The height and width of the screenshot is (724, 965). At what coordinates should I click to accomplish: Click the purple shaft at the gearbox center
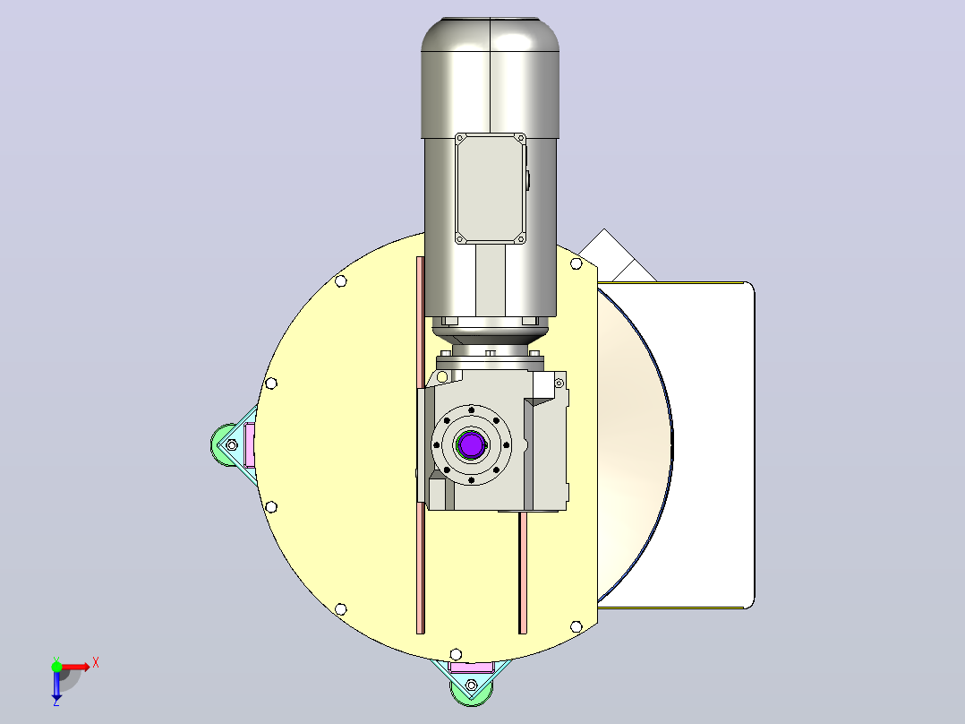(472, 444)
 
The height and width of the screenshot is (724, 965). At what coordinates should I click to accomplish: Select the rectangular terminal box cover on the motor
(491, 188)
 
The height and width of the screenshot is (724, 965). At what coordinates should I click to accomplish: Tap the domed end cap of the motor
(490, 35)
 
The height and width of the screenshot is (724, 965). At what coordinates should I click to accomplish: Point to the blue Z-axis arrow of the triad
(56, 684)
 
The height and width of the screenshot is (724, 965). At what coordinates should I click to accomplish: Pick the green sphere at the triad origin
(56, 667)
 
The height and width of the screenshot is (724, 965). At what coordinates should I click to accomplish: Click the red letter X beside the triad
(96, 664)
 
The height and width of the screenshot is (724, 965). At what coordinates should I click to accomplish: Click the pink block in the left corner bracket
(249, 444)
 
